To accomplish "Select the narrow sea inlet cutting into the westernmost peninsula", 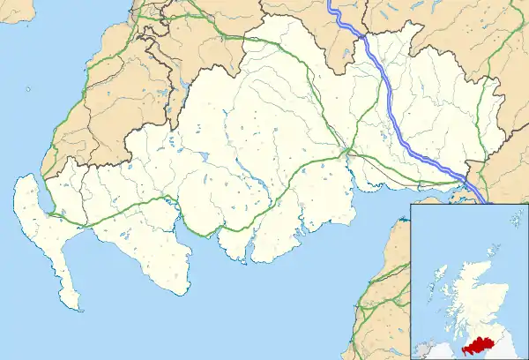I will click(42, 196).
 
